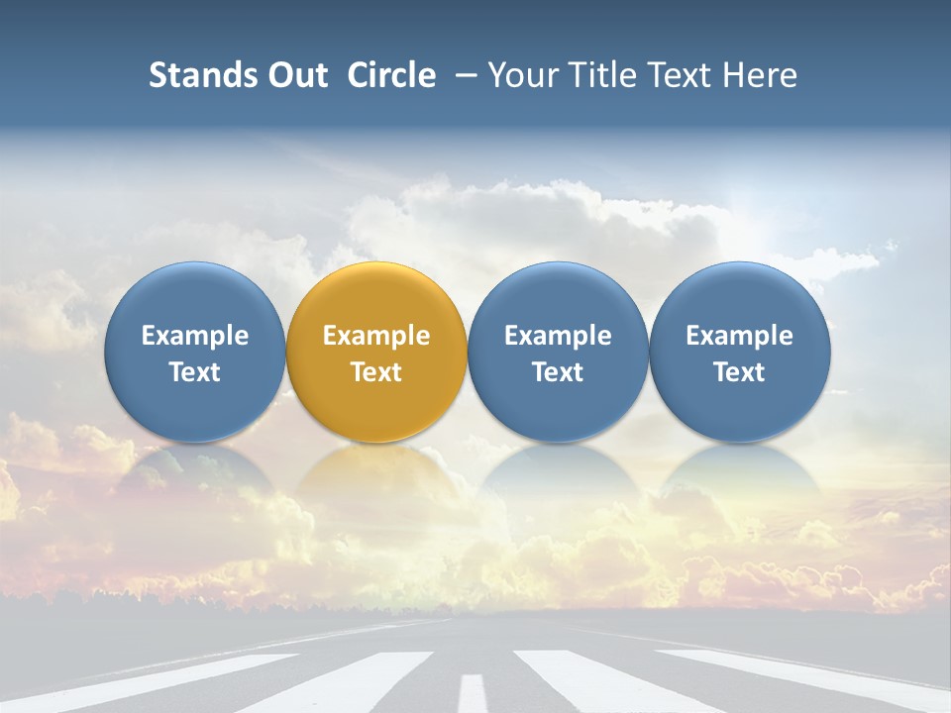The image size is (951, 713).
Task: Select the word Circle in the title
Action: (x=391, y=75)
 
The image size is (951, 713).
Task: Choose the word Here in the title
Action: (x=760, y=75)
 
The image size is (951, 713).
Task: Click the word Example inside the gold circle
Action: (x=376, y=336)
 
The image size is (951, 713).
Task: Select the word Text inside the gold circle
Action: (x=376, y=372)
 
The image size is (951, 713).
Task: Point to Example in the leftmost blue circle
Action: (x=194, y=336)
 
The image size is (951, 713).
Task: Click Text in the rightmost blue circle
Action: (x=739, y=372)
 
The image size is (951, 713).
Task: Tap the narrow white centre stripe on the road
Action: (x=474, y=692)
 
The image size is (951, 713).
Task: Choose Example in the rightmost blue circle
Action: (x=739, y=336)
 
